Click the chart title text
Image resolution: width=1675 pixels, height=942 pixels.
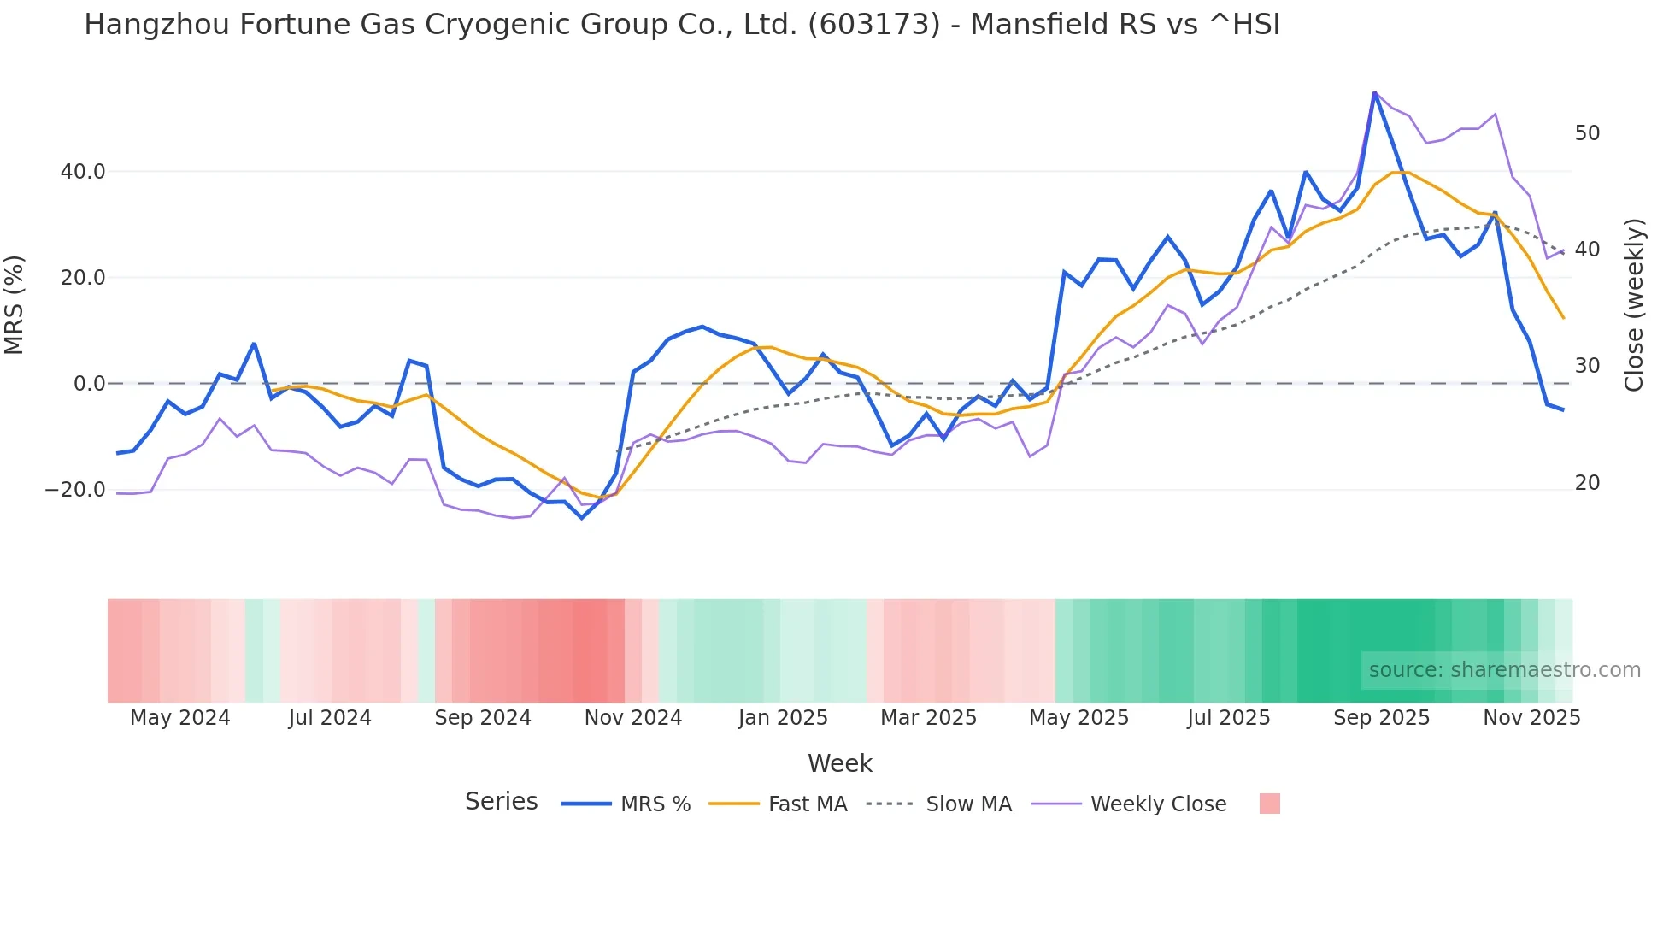[681, 25]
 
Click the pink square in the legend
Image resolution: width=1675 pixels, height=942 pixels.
[1269, 804]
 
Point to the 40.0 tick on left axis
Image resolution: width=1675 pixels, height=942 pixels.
[83, 172]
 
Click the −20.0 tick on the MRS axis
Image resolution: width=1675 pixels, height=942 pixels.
[75, 491]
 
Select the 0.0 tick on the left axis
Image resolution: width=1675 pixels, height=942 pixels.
[89, 384]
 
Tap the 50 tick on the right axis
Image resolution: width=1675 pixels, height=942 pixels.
[1587, 133]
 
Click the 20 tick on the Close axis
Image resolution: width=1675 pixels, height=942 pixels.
[1587, 483]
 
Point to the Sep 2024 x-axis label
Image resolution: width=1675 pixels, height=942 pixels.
[483, 718]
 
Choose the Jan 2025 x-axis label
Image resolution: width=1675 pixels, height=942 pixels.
[783, 718]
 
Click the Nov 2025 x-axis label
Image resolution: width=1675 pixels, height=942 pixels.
[1531, 718]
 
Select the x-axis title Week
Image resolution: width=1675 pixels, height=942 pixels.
[839, 763]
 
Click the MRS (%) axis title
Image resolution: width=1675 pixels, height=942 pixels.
[15, 304]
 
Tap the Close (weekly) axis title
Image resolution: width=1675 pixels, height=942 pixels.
[1634, 304]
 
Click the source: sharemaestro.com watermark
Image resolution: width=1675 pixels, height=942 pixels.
[1504, 670]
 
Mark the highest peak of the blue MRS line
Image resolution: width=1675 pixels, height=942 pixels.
[1374, 92]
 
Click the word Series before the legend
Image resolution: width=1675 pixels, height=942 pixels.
[501, 802]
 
